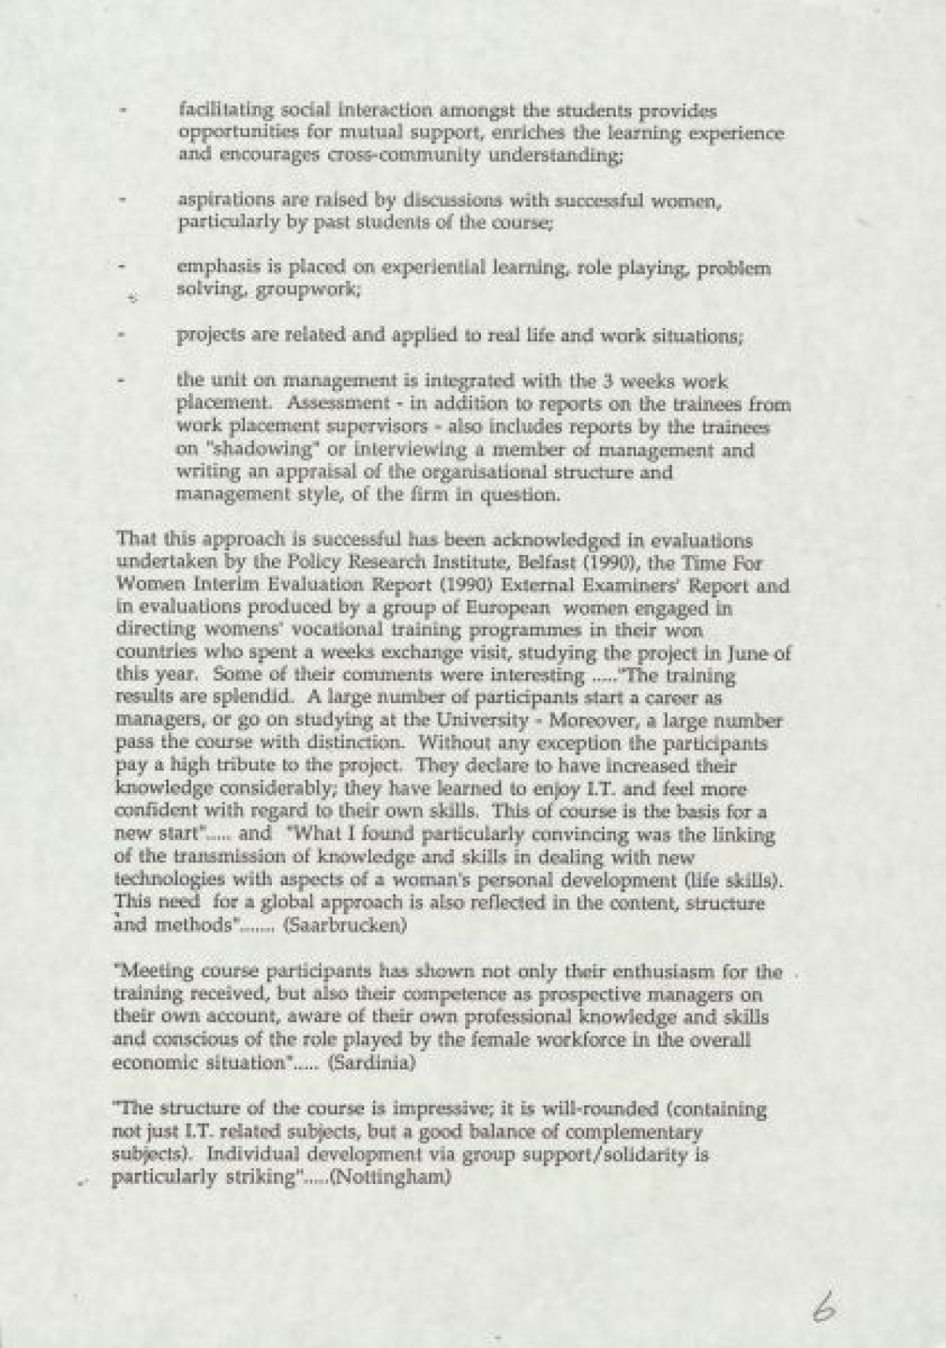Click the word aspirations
coord(220,202)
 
